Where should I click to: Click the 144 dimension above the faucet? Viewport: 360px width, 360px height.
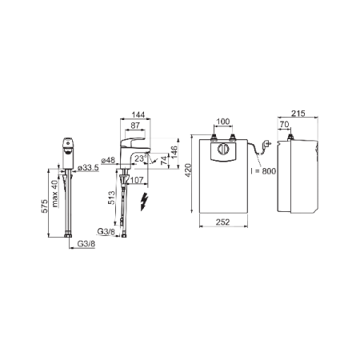tap(138, 114)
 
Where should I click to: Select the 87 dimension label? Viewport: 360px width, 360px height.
tap(135, 126)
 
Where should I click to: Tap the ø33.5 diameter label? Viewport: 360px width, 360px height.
tap(88, 168)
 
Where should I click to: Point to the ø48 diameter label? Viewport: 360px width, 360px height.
tap(108, 160)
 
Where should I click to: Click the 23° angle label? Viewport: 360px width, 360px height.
tap(141, 158)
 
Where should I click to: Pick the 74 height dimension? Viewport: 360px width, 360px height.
tap(165, 159)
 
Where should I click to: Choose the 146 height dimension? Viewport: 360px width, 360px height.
tap(174, 152)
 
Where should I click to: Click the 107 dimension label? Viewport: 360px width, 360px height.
tap(137, 180)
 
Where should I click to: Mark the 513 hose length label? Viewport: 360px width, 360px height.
tap(111, 198)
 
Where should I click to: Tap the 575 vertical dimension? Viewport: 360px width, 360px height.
tap(45, 206)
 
